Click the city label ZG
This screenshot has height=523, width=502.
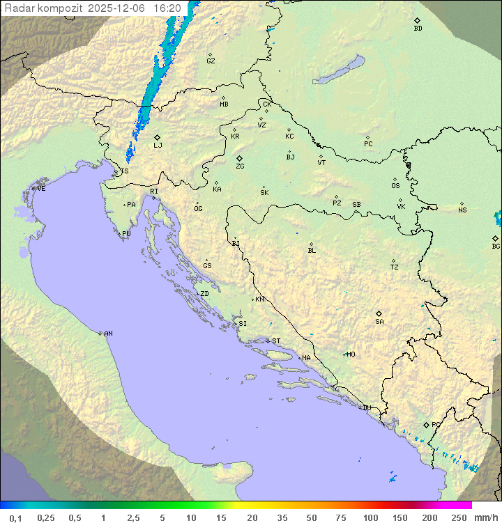tap(240, 166)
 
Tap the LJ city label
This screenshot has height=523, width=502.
tap(158, 145)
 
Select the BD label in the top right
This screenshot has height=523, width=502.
tap(418, 29)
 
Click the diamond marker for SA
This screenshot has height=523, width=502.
tap(379, 313)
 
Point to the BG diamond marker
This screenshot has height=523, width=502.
tap(496, 238)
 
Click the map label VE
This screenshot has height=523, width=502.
tap(41, 189)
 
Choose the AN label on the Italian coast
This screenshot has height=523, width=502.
tap(108, 334)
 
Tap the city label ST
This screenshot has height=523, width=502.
tap(276, 341)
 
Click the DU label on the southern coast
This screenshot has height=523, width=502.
tap(366, 408)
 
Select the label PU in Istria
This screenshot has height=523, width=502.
tap(126, 234)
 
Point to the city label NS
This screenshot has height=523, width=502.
tap(462, 210)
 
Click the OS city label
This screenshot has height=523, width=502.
tap(395, 186)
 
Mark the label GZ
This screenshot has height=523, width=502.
tap(211, 61)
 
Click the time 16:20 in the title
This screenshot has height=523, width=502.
tap(167, 8)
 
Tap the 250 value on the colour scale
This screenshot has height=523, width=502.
tap(459, 517)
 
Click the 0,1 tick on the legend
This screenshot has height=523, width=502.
tap(15, 517)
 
